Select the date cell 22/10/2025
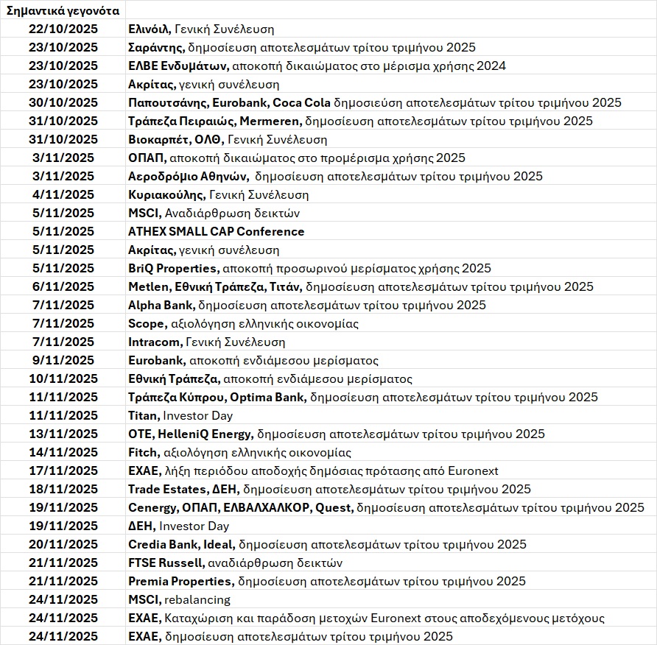point(63,29)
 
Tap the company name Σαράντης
point(155,48)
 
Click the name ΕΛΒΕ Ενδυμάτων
point(173,66)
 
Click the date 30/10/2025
point(63,103)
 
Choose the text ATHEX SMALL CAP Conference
point(216,232)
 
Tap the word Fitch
point(143,453)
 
